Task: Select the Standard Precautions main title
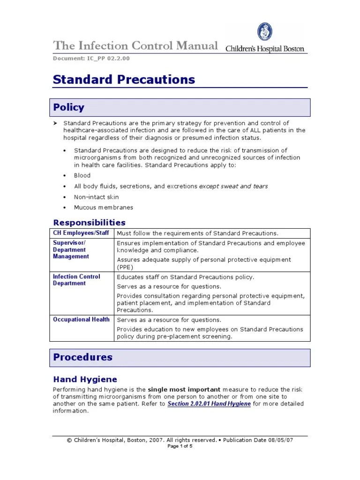coord(124,80)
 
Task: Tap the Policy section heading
coord(68,107)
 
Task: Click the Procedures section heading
coord(82,357)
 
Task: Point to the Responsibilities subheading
coord(89,222)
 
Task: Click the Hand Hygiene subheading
coord(85,379)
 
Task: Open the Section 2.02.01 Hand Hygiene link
coord(209,404)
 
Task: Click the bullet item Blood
coord(82,175)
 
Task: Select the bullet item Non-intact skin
coord(96,197)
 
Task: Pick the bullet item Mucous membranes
coord(103,208)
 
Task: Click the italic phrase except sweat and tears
coord(233,186)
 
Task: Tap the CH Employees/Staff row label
coord(81,233)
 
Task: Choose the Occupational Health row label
coord(81,320)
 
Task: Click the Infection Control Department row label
coord(76,280)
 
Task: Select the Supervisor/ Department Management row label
coord(71,250)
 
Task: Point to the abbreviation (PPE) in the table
coord(125,267)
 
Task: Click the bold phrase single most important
coord(184,390)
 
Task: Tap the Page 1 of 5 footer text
coord(180,446)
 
